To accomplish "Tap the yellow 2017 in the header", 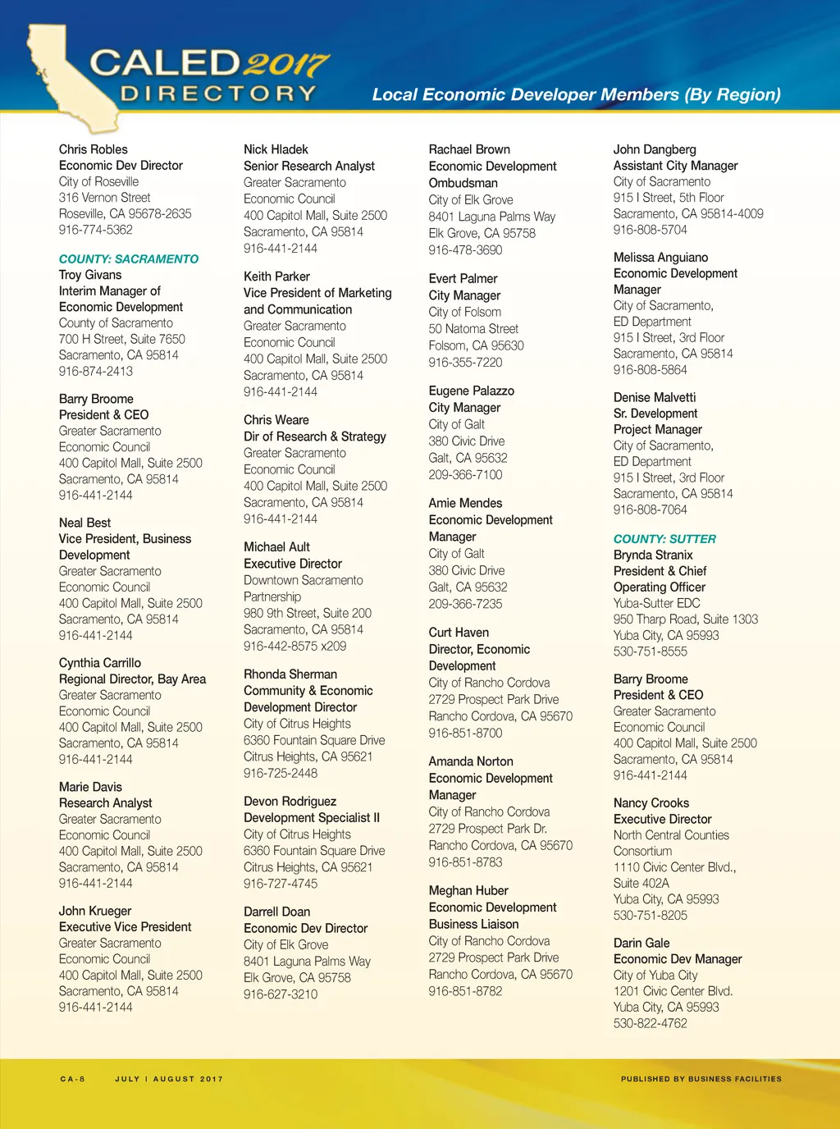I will [x=286, y=64].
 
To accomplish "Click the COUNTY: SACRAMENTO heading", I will [x=129, y=259].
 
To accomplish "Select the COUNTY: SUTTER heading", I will [x=664, y=539].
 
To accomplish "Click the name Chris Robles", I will [x=94, y=149].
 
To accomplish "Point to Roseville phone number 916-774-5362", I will [x=95, y=230].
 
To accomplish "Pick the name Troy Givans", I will [x=90, y=275].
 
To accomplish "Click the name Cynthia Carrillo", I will [x=100, y=663].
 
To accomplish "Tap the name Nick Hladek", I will [x=276, y=149].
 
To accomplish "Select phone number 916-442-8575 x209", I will [x=294, y=646].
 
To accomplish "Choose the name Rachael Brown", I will [x=469, y=149].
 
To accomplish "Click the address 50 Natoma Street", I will [x=473, y=329].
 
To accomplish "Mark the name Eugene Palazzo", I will [x=472, y=391].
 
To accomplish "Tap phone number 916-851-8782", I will [x=465, y=991].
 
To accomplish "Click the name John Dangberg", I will [x=655, y=149].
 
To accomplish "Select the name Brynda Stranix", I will [x=653, y=555].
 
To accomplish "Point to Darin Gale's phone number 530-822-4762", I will [x=651, y=1023].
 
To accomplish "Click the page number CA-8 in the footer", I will [x=73, y=1079].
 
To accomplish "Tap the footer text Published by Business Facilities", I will [x=701, y=1079].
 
